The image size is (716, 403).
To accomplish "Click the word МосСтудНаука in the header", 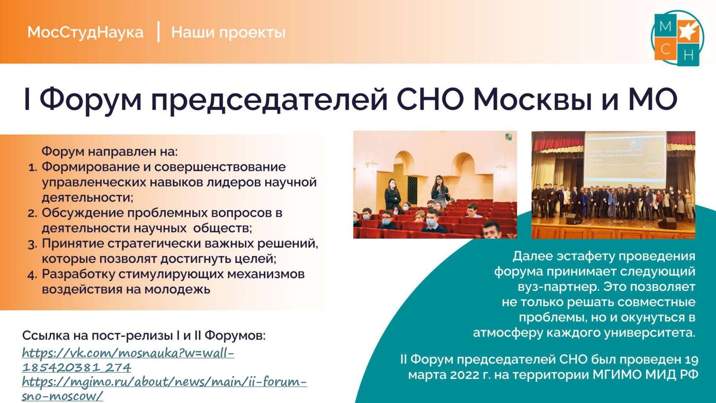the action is (x=85, y=32).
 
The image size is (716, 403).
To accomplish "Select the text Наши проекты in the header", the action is (x=228, y=32).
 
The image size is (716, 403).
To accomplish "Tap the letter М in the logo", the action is (x=665, y=26).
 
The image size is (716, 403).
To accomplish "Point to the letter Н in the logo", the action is (x=689, y=55).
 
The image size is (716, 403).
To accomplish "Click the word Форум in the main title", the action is (x=90, y=99).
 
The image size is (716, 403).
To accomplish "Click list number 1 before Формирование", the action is (x=33, y=168).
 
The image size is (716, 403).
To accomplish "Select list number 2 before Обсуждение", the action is (x=32, y=214).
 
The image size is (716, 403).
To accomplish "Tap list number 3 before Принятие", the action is (x=32, y=245).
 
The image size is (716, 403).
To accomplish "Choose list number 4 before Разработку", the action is (x=32, y=275).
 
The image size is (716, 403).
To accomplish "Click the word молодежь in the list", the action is (x=177, y=290).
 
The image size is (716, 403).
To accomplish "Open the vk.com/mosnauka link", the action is (x=128, y=360).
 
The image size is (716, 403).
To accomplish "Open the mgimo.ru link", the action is (x=164, y=389).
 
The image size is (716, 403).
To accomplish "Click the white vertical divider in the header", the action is (x=159, y=32).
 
